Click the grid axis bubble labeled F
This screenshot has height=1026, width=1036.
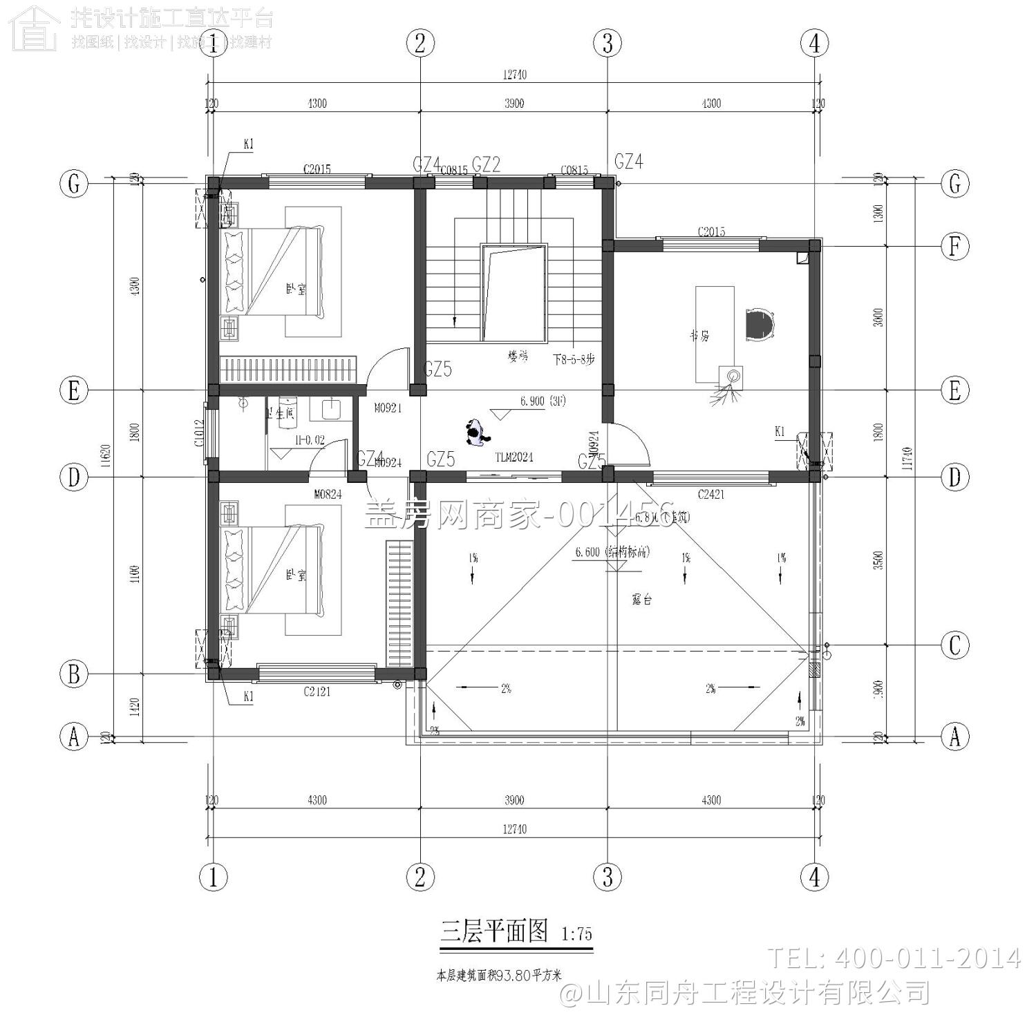coord(954,246)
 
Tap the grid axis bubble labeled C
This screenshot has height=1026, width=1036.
coord(954,645)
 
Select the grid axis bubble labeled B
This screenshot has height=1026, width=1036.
coord(74,674)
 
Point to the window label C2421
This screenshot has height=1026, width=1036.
coord(710,494)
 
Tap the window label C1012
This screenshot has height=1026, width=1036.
coord(199,433)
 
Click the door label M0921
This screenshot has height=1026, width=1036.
coord(388,408)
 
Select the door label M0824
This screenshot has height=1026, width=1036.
coord(328,494)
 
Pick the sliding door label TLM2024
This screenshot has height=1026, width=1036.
coord(514,457)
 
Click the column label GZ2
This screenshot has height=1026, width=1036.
coord(486,164)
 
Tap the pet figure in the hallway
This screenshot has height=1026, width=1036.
coord(476,433)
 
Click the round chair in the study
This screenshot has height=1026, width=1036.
coord(760,325)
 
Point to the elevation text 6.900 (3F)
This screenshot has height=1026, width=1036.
coord(543,401)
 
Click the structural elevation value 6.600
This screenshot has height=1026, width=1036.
coord(587,552)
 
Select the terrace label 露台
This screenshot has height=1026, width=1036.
coord(642,600)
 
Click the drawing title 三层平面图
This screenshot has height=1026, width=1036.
coord(494,931)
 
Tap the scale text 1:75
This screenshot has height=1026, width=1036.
coord(576,934)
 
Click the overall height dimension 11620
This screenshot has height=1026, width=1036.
coord(106,457)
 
